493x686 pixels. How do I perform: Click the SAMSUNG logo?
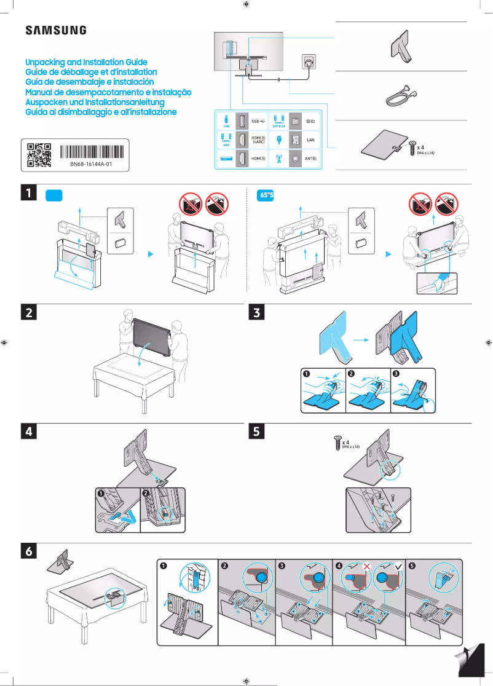pos(55,30)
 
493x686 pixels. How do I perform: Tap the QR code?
pos(39,155)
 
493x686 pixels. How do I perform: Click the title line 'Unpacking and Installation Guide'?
pos(86,63)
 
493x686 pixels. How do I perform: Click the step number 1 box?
pos(29,194)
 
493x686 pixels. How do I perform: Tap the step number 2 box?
pos(29,313)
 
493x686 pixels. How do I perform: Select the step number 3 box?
pos(257,313)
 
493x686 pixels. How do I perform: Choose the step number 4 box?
pos(29,432)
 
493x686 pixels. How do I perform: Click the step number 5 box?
pos(257,432)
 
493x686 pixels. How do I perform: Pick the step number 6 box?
pos(29,552)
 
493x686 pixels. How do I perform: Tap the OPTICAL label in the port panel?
pos(278,126)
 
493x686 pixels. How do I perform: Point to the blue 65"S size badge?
pos(265,195)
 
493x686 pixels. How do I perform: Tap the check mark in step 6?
pos(398,566)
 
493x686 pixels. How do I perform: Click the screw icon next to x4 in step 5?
pos(336,443)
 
